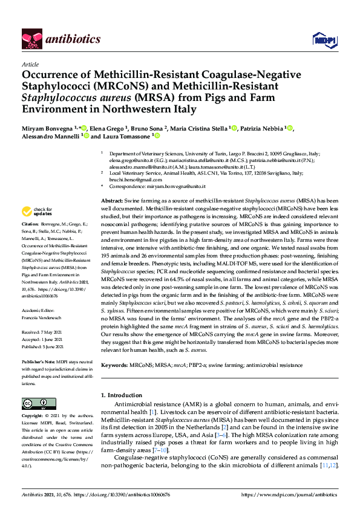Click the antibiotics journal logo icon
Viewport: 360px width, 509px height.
tap(30, 39)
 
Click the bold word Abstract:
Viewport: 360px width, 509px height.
tap(112, 200)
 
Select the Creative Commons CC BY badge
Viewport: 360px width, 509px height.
tap(34, 403)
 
